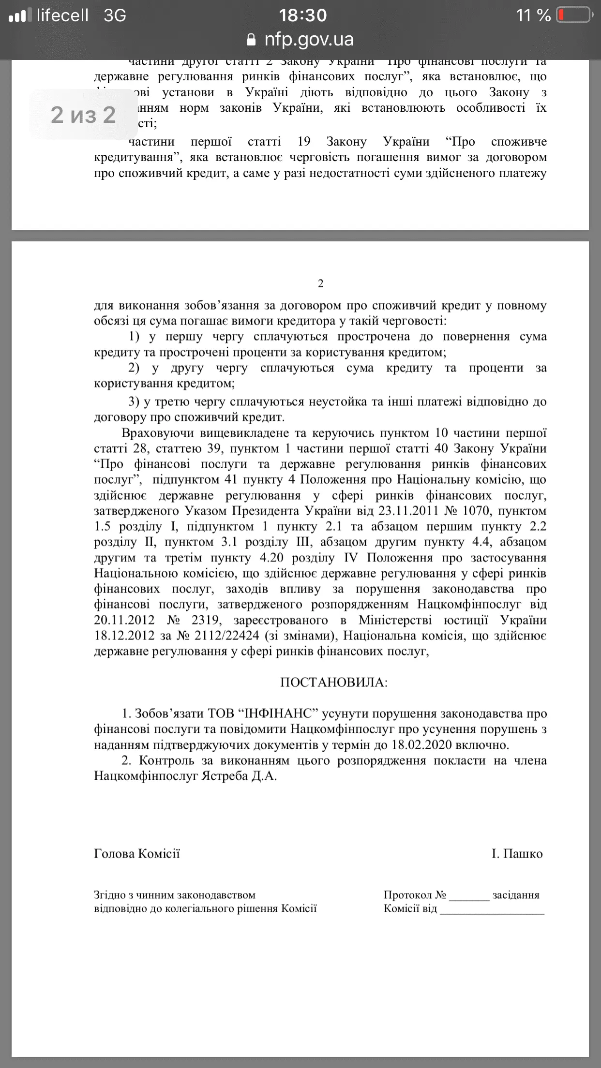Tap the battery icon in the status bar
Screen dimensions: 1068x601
click(x=574, y=15)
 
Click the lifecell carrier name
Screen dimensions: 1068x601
click(x=62, y=15)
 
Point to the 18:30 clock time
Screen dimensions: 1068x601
click(x=303, y=15)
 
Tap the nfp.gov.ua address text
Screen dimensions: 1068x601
click(x=309, y=39)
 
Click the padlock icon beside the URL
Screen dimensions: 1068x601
click(x=251, y=40)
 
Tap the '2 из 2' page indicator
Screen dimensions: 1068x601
click(x=83, y=115)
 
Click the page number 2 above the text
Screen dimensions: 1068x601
click(x=320, y=283)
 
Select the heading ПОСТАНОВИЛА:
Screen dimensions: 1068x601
click(x=334, y=682)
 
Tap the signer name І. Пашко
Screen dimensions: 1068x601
click(x=517, y=854)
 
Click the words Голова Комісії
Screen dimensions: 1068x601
click(x=137, y=854)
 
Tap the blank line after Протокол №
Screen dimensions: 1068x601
click(x=469, y=896)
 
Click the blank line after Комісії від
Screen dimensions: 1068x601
click(x=492, y=909)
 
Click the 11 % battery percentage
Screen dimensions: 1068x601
click(x=533, y=15)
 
